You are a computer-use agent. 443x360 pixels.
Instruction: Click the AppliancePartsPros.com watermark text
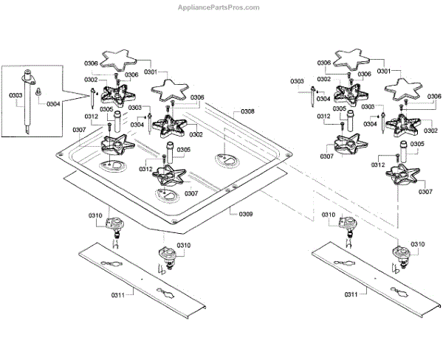219,7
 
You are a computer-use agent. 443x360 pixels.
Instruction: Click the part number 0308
247,111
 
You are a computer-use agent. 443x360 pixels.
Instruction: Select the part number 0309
246,215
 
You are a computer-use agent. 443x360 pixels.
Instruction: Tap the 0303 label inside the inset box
16,95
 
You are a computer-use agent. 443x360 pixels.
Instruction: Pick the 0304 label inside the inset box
53,104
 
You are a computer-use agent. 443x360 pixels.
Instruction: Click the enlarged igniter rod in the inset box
28,101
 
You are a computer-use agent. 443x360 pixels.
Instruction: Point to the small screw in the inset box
38,91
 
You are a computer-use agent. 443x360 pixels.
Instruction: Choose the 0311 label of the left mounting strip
118,295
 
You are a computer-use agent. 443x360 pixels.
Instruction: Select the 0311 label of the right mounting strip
351,295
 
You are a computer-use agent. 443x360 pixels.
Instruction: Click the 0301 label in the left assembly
151,72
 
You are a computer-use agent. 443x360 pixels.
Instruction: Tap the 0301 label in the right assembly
384,71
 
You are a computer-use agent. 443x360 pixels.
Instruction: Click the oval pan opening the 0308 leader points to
227,160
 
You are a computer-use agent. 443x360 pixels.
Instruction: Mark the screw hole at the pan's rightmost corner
288,155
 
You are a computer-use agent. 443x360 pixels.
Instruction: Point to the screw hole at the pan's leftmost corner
59,154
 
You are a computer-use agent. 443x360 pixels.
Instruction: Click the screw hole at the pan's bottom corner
174,221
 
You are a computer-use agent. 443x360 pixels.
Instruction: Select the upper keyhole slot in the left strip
111,263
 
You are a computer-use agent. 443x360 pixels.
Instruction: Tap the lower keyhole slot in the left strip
165,293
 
